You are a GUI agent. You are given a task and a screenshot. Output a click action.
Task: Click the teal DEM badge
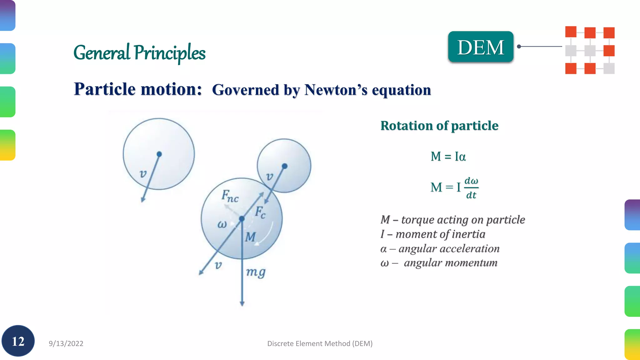coord(481,47)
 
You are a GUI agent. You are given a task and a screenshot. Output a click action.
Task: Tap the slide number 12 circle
coord(18,341)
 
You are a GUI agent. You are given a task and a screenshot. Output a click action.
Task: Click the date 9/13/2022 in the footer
coord(66,343)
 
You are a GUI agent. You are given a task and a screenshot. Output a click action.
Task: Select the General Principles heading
coord(139,52)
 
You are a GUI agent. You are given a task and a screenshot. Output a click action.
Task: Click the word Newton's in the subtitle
coord(336,90)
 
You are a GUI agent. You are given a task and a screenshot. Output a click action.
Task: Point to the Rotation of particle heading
coord(439,126)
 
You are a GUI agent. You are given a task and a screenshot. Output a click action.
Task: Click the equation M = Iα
coord(448,156)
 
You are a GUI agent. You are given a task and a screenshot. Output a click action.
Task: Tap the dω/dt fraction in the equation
coord(471,188)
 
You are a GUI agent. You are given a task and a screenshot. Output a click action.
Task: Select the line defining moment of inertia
coord(433,234)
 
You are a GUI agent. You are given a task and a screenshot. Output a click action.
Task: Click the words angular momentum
coord(450,263)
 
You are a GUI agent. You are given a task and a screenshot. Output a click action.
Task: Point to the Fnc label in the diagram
coord(230,196)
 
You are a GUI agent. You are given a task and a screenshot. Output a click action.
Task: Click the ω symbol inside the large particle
coord(222,224)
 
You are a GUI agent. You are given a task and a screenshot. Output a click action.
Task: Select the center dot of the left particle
coord(159,154)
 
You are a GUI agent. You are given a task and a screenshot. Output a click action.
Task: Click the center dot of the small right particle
coord(284,166)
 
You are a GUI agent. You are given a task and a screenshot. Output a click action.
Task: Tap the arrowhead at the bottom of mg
coord(242,303)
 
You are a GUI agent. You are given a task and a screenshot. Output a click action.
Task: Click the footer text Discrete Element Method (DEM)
coord(320,343)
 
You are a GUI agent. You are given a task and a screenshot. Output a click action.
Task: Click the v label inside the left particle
coord(143,174)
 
